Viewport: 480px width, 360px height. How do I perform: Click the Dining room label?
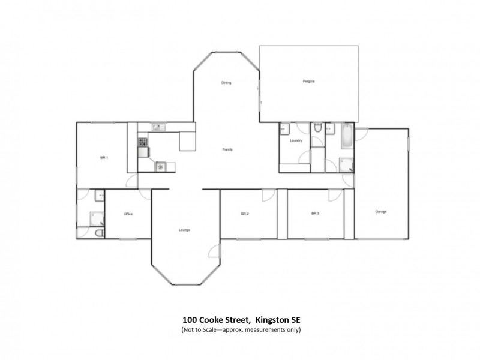pos(226,83)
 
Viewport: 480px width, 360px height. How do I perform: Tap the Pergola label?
pos(309,81)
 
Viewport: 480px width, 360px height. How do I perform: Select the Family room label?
pos(227,149)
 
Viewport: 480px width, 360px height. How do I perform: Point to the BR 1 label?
pos(103,157)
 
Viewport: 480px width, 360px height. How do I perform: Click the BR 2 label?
pos(245,214)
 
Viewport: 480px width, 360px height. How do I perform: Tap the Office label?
pos(128,214)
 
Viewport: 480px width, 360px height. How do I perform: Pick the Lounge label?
pos(185,230)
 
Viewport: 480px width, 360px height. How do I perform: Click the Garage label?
pos(380,212)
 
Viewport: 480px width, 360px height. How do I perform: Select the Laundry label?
pos(295,141)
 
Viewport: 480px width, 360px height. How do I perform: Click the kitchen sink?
pos(157,127)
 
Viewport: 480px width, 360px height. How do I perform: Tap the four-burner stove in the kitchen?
pos(143,142)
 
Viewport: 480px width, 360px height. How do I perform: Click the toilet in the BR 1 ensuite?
pos(100,232)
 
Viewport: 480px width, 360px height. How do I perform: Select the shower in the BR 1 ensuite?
pos(96,217)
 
